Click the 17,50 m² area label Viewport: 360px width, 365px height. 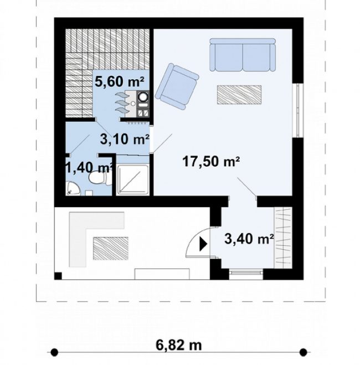[x=211, y=162]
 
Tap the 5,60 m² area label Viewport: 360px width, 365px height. [x=119, y=82]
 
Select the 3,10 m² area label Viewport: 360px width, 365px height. [x=125, y=139]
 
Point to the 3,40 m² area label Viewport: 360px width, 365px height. [x=249, y=239]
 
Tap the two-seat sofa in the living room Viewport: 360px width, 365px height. [x=243, y=55]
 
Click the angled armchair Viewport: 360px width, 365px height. [x=177, y=86]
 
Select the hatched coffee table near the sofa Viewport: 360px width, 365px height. [x=239, y=95]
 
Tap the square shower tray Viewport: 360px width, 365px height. [x=132, y=179]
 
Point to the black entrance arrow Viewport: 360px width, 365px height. [x=203, y=244]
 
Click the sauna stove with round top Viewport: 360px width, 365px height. [x=143, y=96]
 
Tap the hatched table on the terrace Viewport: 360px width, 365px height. [x=111, y=248]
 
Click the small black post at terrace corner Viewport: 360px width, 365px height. [x=58, y=276]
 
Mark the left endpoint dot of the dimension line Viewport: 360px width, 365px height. [x=54, y=352]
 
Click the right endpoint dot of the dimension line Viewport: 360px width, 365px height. [x=303, y=352]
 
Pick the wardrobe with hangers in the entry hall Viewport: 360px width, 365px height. [x=283, y=237]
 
